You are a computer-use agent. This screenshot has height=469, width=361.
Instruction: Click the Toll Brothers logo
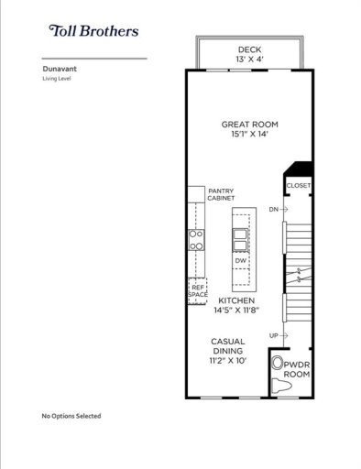tap(95, 31)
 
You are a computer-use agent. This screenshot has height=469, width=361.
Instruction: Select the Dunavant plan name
tap(60, 68)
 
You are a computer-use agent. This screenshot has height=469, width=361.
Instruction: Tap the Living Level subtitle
tap(58, 79)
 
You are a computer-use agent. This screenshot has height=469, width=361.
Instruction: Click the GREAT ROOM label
tap(248, 125)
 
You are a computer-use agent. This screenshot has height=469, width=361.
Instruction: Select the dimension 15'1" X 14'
tap(248, 136)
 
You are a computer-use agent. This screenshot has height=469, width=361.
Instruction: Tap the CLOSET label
tap(298, 186)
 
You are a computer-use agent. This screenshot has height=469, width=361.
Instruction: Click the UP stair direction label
tap(273, 336)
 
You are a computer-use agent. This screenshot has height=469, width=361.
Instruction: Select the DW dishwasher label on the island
tap(240, 261)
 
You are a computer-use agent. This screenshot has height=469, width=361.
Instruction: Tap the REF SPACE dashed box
tap(197, 290)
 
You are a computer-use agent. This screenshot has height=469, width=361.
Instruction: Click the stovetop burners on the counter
tap(196, 240)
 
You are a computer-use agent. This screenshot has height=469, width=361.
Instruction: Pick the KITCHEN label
tap(236, 300)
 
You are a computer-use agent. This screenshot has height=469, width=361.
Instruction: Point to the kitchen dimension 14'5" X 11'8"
tap(236, 311)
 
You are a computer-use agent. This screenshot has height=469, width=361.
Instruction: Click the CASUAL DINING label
tap(230, 346)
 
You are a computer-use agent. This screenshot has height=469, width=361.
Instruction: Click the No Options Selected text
tap(71, 416)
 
